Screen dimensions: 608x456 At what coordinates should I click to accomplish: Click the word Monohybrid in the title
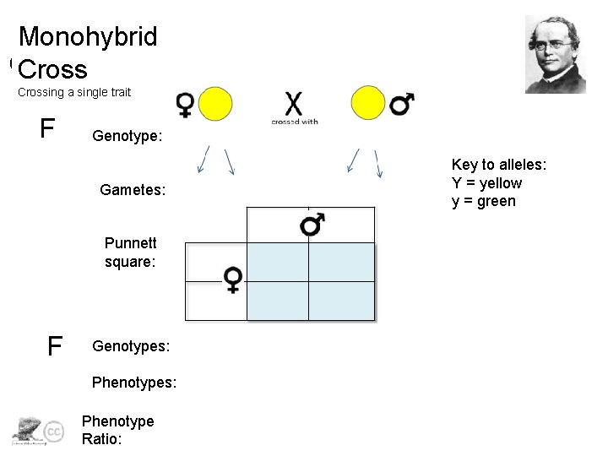coord(88,37)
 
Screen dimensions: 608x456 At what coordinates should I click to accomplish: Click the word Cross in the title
coord(52,68)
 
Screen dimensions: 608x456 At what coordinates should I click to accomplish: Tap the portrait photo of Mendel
coord(555,53)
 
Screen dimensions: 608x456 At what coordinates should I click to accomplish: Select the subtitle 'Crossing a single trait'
coord(74,92)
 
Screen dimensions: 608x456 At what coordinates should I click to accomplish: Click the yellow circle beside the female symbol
coord(215,103)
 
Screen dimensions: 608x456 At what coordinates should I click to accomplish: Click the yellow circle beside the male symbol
coord(368,103)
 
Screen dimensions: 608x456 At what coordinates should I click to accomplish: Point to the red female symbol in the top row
coord(186,105)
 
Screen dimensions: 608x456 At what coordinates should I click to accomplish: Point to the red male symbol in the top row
coord(401,104)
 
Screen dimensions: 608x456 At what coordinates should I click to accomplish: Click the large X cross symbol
coord(294,103)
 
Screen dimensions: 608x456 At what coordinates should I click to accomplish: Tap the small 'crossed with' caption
coord(294,122)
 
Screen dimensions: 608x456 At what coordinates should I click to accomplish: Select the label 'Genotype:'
coord(128,136)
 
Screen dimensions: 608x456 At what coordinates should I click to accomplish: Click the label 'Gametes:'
coord(133,192)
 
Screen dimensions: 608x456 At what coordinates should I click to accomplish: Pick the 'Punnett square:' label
coord(130,252)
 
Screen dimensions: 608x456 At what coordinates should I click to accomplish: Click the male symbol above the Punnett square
coord(312,225)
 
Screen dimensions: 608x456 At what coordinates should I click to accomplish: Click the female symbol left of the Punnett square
coord(233,279)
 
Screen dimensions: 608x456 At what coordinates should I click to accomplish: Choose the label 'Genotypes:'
coord(131,346)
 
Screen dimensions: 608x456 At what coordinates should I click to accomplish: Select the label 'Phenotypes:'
coord(134,383)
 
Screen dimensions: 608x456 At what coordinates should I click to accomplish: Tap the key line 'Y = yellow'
coord(486,183)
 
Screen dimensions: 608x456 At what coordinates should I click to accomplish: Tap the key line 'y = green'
coord(483,201)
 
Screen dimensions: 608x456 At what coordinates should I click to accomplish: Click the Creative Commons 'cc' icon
coord(52,431)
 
